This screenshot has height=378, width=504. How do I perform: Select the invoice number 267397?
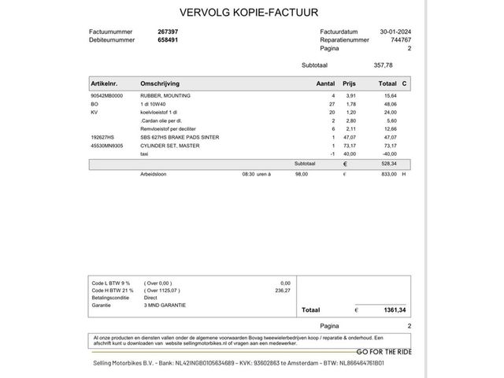[168, 31]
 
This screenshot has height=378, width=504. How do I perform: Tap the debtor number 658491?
[168, 39]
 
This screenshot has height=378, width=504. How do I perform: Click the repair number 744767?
[399, 39]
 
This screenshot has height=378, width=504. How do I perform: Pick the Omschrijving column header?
[160, 83]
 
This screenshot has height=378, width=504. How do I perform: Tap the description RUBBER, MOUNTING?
[166, 95]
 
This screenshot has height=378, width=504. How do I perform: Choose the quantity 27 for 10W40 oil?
[332, 104]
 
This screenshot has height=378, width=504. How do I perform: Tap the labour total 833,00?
[387, 175]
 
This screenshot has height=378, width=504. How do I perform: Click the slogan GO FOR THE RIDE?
[385, 351]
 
